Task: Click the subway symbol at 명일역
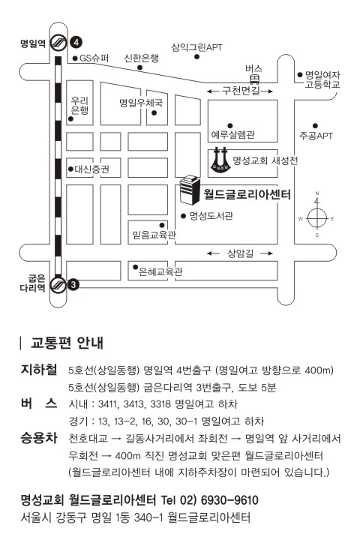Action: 58,43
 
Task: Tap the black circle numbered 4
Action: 76,43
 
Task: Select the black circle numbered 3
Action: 73,285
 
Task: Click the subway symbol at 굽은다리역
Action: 58,285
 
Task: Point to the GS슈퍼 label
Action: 94,58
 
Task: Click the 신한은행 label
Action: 141,58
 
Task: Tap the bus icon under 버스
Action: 254,79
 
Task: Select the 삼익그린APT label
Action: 196,47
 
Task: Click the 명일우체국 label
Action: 141,103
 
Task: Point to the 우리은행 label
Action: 79,106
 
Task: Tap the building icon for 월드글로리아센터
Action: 190,189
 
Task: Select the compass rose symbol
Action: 316,218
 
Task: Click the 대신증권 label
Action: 92,169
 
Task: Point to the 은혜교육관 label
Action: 160,271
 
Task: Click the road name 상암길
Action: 240,253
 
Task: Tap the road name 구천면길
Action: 241,91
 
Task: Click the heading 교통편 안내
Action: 67,343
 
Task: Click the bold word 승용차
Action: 39,438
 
